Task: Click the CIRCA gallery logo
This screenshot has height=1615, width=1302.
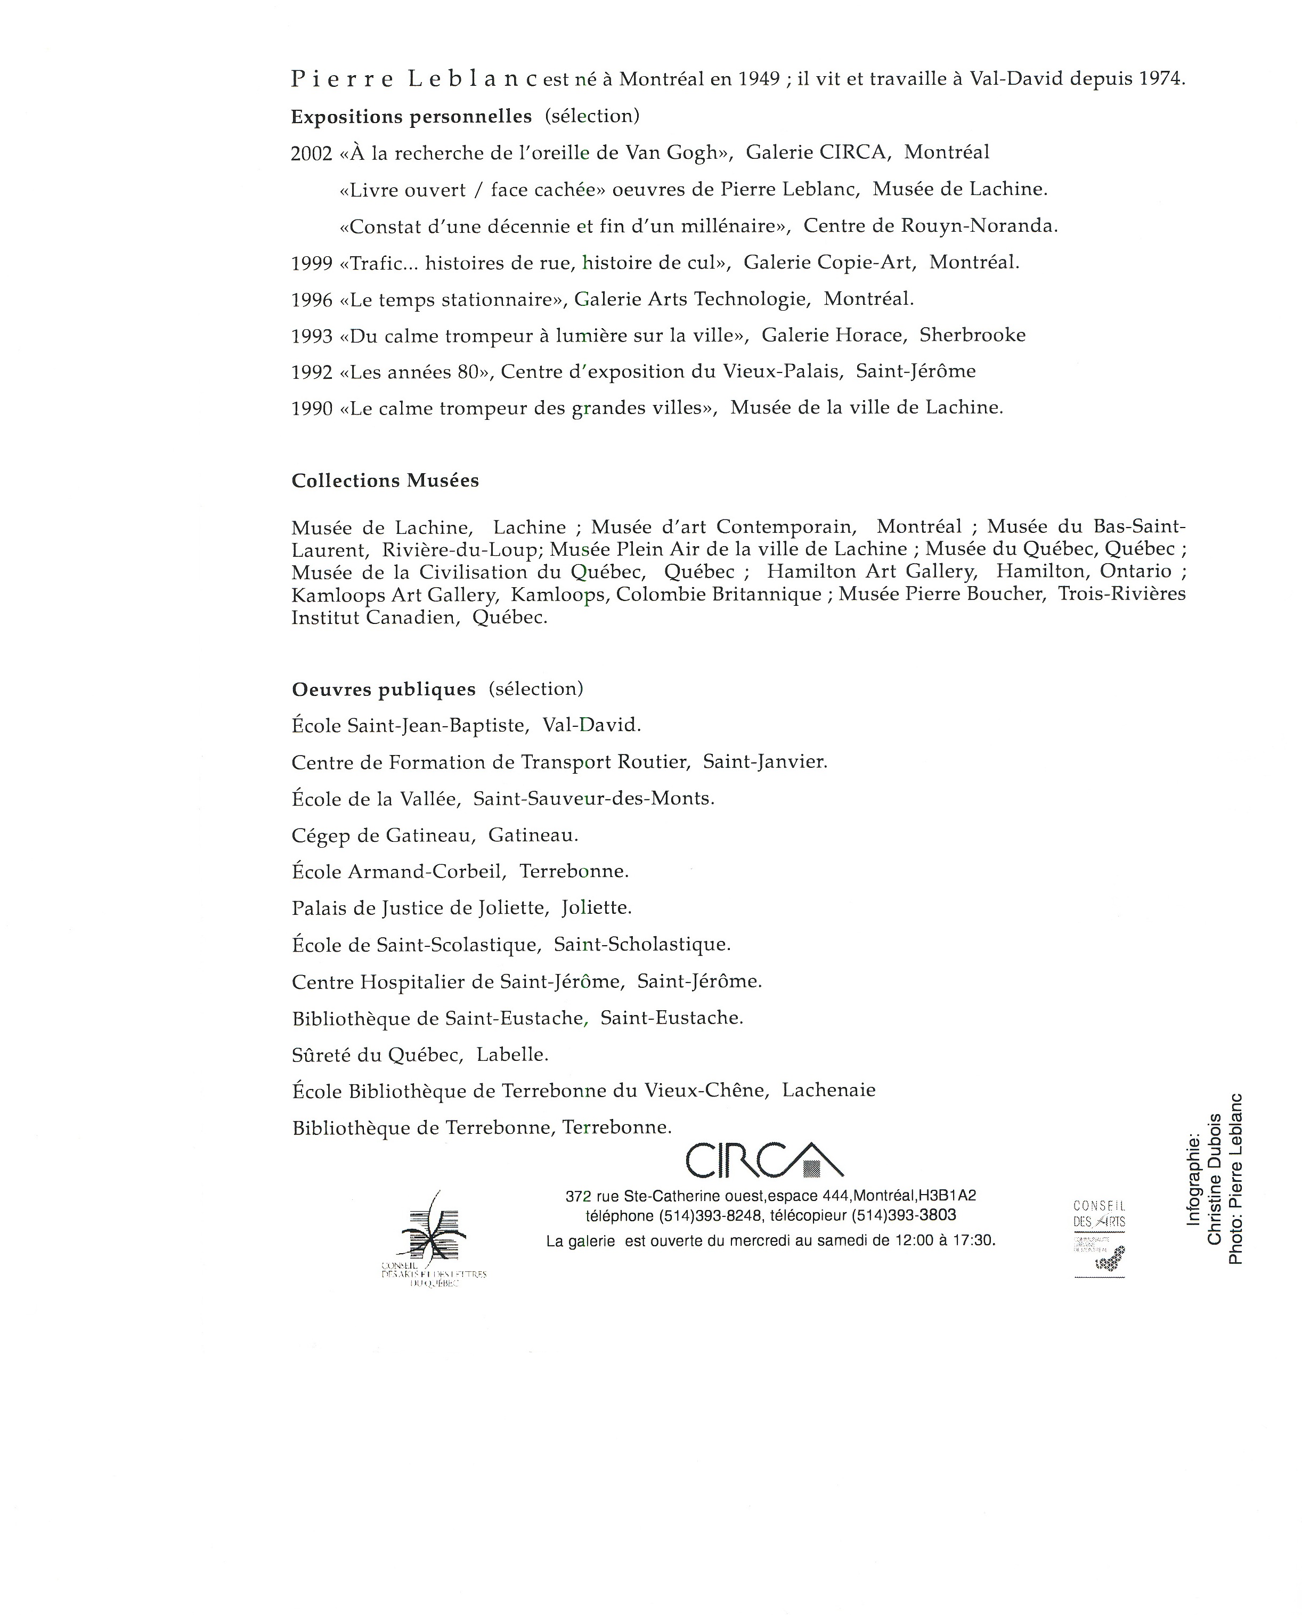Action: pyautogui.click(x=763, y=1160)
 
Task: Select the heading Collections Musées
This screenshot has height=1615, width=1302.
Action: pyautogui.click(x=385, y=481)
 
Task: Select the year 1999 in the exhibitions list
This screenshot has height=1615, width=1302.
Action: pyautogui.click(x=311, y=263)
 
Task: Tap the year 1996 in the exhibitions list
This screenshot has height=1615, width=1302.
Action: pyautogui.click(x=311, y=300)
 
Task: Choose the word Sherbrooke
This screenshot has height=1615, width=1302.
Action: pyautogui.click(x=972, y=335)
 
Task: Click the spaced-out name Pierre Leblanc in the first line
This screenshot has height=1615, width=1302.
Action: pyautogui.click(x=414, y=80)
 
